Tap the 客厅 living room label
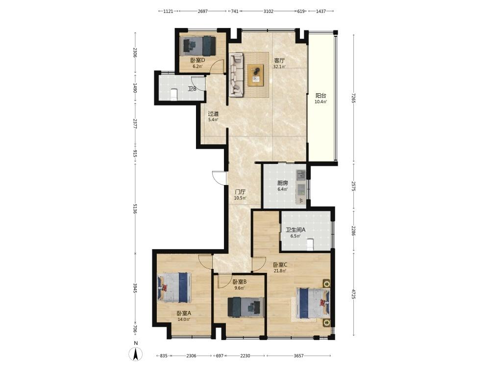click(x=279, y=60)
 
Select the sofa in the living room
click(x=236, y=75)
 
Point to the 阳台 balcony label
click(x=320, y=96)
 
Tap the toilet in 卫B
click(x=174, y=94)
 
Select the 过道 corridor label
click(x=214, y=114)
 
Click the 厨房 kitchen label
click(x=283, y=183)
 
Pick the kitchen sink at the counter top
click(x=301, y=174)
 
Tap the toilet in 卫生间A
click(x=310, y=244)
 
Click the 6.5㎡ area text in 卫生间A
click(x=295, y=236)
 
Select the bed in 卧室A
click(x=174, y=287)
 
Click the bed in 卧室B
click(x=245, y=307)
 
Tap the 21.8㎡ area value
click(x=280, y=271)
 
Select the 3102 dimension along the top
click(x=269, y=11)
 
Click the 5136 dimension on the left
click(x=135, y=209)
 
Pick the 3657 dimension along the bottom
click(x=299, y=356)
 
